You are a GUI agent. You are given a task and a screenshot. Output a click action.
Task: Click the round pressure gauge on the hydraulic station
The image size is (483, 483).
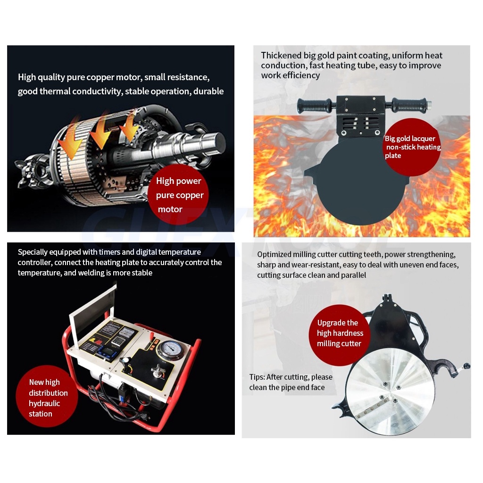170,349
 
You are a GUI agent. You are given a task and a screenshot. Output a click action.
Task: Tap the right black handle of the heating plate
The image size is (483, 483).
411,105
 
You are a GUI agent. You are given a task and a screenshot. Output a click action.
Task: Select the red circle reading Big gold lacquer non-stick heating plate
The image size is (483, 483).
412,147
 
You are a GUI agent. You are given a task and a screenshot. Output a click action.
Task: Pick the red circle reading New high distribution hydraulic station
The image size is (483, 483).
47,396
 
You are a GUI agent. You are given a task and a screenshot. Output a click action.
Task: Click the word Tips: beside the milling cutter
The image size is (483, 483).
257,377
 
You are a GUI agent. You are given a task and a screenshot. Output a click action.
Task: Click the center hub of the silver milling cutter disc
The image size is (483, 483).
390,393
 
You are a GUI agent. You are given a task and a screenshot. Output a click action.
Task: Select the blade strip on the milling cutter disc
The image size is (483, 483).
372,408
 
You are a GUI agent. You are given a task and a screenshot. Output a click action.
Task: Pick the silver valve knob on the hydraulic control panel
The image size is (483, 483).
158,371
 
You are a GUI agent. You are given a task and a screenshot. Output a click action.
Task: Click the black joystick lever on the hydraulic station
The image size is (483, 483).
125,364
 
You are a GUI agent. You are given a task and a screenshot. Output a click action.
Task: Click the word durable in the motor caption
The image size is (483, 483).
208,91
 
